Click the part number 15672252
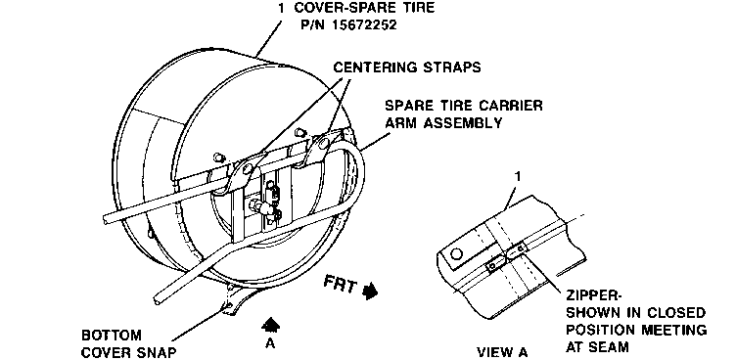point(364,23)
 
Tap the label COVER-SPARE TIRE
point(364,7)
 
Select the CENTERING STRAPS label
point(407,67)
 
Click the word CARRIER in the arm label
point(509,105)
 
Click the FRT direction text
point(342,285)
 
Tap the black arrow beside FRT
point(371,291)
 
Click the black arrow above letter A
point(270,325)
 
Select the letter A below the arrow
point(270,343)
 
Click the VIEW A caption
point(502,352)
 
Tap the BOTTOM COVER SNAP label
point(129,343)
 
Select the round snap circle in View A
point(456,254)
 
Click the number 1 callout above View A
point(518,176)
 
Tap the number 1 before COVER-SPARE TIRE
point(280,7)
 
